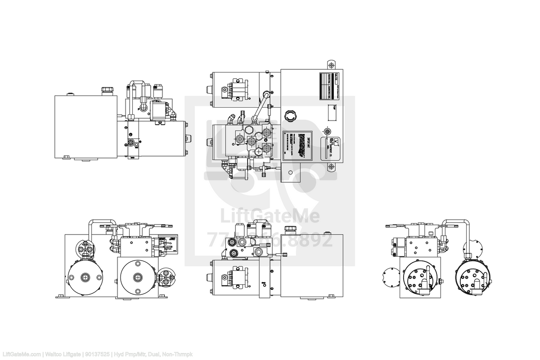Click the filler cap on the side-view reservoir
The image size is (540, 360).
click(107, 90)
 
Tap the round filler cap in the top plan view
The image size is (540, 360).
click(290, 116)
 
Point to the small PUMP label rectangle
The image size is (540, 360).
click(333, 114)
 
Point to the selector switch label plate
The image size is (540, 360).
click(167, 245)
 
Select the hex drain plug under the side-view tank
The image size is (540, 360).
click(67, 157)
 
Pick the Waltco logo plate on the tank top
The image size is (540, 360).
click(331, 147)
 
